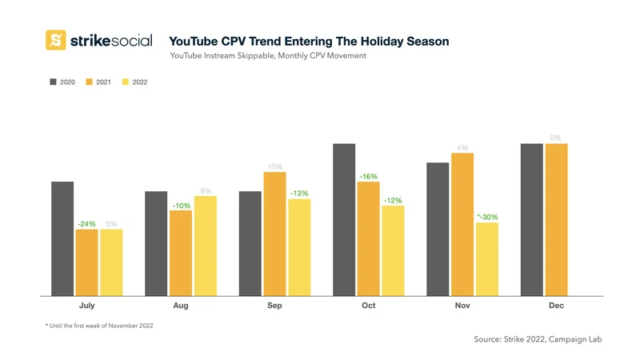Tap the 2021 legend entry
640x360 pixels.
point(98,82)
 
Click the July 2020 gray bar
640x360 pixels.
point(62,238)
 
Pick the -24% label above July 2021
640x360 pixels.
point(86,224)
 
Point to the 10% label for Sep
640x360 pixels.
point(274,166)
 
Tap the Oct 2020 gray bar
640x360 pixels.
point(344,220)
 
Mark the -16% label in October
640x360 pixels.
point(368,176)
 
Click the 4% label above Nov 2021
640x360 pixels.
point(462,148)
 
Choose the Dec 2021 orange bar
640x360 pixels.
point(556,220)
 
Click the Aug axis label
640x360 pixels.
point(181,305)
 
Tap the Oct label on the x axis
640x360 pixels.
point(369,305)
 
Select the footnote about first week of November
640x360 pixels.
point(98,326)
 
